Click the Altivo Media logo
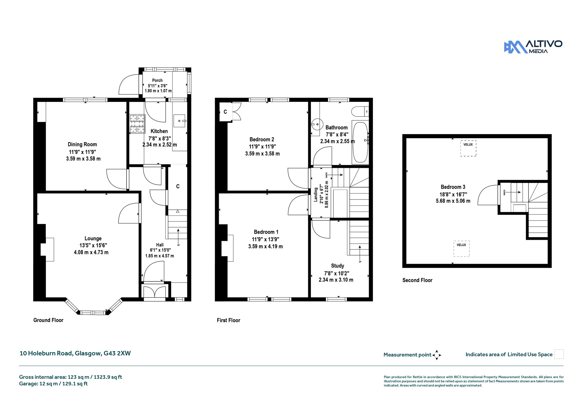pyautogui.click(x=533, y=47)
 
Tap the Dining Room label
pyautogui.click(x=82, y=144)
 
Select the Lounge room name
pyautogui.click(x=93, y=238)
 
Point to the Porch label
pyautogui.click(x=157, y=80)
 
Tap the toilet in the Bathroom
pyautogui.click(x=360, y=111)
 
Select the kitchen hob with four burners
pyautogui.click(x=137, y=124)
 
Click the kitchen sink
pyautogui.click(x=180, y=121)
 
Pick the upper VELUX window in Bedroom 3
pyautogui.click(x=468, y=148)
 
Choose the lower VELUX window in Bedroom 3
pyautogui.click(x=462, y=249)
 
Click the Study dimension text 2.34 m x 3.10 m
pyautogui.click(x=336, y=280)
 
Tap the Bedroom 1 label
pyautogui.click(x=266, y=232)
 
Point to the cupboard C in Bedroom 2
pyautogui.click(x=225, y=112)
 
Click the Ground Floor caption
pyautogui.click(x=48, y=320)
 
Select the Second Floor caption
pyautogui.click(x=417, y=280)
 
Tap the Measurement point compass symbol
pyautogui.click(x=437, y=355)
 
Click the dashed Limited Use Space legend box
pyautogui.click(x=559, y=354)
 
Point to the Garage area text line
pyautogui.click(x=53, y=384)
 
